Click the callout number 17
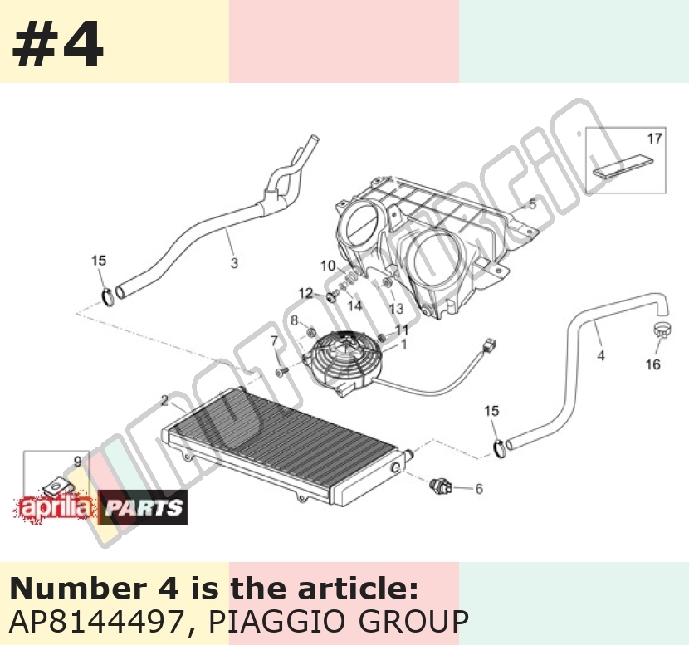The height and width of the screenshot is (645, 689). [x=654, y=139]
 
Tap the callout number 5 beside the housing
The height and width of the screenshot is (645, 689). [x=532, y=204]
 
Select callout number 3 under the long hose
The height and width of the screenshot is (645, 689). [x=234, y=263]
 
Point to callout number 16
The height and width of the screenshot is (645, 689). [x=653, y=364]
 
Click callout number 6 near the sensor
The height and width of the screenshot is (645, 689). [x=479, y=489]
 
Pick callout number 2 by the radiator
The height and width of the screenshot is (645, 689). [x=165, y=401]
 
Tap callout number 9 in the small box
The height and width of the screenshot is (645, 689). [x=77, y=462]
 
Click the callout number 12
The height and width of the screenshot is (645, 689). [x=305, y=293]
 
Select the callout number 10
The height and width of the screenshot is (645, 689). [x=328, y=266]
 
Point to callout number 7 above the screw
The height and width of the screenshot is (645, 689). [x=275, y=340]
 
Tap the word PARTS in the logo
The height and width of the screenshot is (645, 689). [x=143, y=508]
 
